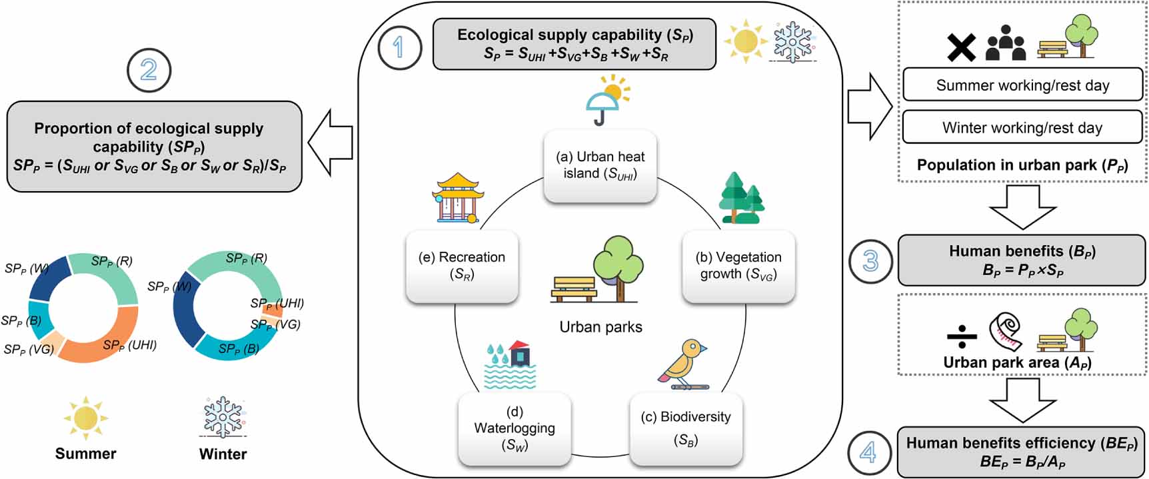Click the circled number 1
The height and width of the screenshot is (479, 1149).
[x=399, y=48]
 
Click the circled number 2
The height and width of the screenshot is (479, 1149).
[x=148, y=70]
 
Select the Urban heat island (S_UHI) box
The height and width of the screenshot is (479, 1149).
[x=600, y=165]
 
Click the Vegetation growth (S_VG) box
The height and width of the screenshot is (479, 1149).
[x=738, y=266]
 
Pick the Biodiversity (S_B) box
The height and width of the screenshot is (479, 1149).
[x=686, y=428]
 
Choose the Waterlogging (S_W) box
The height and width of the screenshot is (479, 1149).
[x=514, y=428]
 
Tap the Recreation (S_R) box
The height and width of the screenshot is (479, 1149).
[x=462, y=266]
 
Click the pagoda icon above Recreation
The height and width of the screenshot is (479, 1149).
[x=456, y=198]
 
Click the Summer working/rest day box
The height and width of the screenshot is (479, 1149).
[x=1022, y=85]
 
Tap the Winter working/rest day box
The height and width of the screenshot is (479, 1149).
[x=1022, y=127]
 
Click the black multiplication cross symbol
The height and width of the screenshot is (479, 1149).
[x=961, y=48]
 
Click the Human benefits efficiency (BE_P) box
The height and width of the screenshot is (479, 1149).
[x=1021, y=452]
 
